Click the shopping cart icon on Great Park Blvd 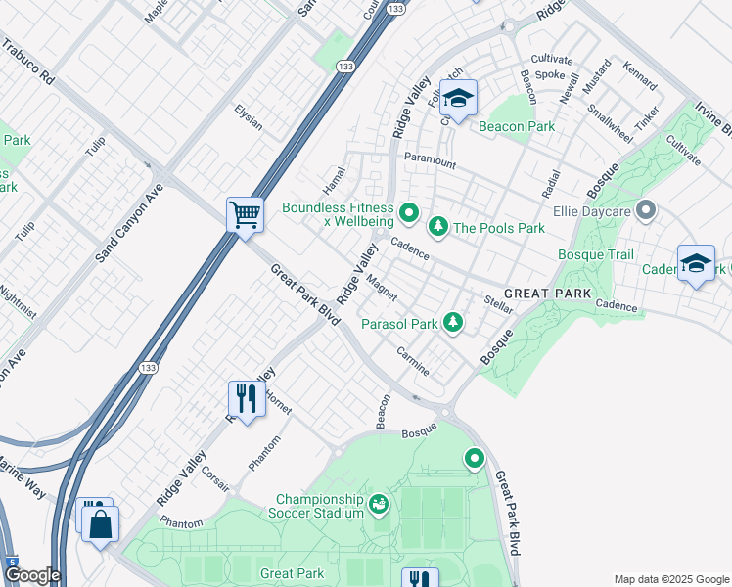pyautogui.click(x=245, y=213)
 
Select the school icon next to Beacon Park pyautogui.click(x=457, y=98)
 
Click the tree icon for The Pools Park pyautogui.click(x=439, y=227)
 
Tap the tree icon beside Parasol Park pyautogui.click(x=452, y=321)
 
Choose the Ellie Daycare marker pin pyautogui.click(x=645, y=210)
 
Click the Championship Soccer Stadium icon pyautogui.click(x=379, y=504)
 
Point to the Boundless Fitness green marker pyautogui.click(x=409, y=211)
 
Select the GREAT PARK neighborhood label pyautogui.click(x=547, y=293)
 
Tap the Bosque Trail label pyautogui.click(x=596, y=254)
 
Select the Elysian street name pyautogui.click(x=249, y=117)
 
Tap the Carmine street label pyautogui.click(x=413, y=361)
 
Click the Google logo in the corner pyautogui.click(x=31, y=575)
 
